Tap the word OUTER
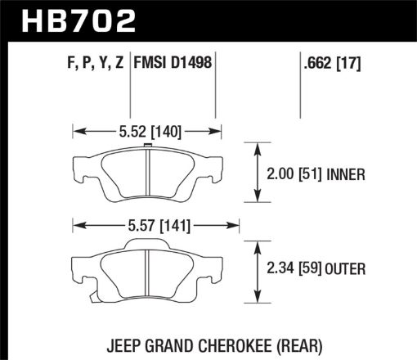coord(347,268)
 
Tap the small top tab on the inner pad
coord(148,147)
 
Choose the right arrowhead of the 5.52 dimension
coord(220,129)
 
